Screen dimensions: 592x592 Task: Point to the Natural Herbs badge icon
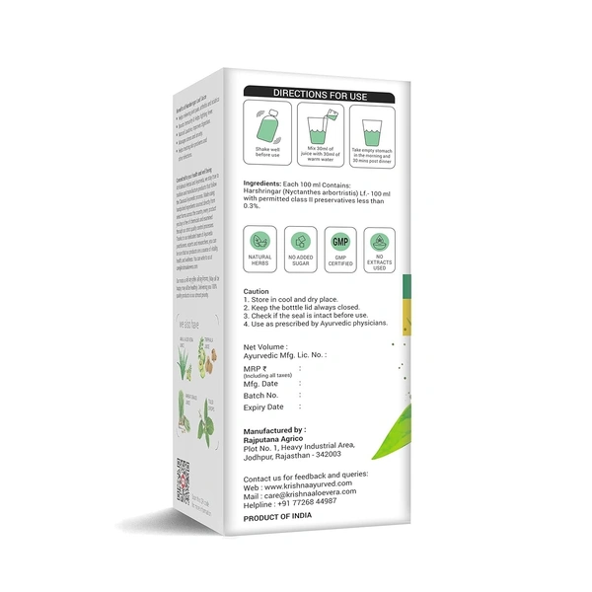(259, 242)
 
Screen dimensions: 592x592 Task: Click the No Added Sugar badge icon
(298, 242)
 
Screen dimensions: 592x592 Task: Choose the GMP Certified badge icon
(337, 242)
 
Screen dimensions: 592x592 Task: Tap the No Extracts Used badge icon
(377, 242)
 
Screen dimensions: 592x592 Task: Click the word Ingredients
(265, 185)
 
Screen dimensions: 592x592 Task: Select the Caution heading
(257, 292)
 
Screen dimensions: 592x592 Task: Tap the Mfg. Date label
(263, 385)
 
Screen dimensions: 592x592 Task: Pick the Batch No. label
(263, 396)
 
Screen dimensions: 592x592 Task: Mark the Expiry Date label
(263, 407)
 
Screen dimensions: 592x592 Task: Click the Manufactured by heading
(274, 430)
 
